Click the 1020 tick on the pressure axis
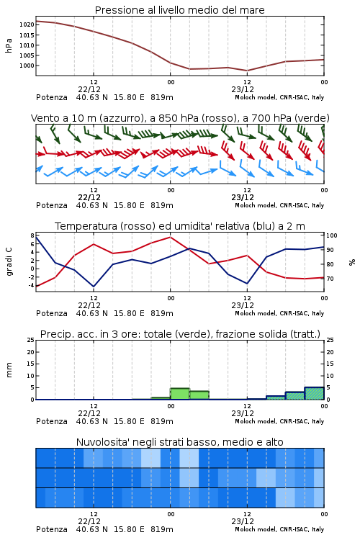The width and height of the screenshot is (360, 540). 27,24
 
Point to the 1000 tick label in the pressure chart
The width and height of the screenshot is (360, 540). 27,66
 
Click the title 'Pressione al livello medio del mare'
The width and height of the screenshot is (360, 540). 180,10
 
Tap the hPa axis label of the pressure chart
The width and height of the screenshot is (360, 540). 9,45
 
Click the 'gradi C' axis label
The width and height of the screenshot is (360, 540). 9,262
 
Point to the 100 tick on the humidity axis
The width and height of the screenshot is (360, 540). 332,236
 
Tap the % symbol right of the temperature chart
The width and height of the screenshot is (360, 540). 352,262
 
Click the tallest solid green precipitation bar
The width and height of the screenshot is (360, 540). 180,394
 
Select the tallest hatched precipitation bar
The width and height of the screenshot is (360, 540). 314,393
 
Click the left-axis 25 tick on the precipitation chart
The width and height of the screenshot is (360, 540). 31,341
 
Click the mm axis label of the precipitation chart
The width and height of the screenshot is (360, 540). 9,370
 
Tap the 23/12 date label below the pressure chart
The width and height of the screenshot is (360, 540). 243,90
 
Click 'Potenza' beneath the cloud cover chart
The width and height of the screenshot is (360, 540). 52,529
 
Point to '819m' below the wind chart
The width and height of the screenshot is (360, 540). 161,206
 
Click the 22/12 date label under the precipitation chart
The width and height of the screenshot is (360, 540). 89,413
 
